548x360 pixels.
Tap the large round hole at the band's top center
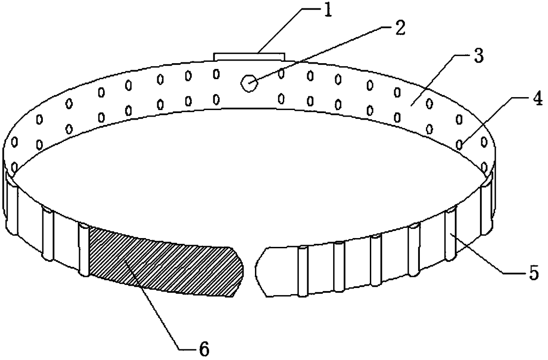pyautogui.click(x=248, y=83)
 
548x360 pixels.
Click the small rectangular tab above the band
pyautogui.click(x=249, y=56)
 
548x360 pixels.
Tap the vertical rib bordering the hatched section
pyautogui.click(x=84, y=250)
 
